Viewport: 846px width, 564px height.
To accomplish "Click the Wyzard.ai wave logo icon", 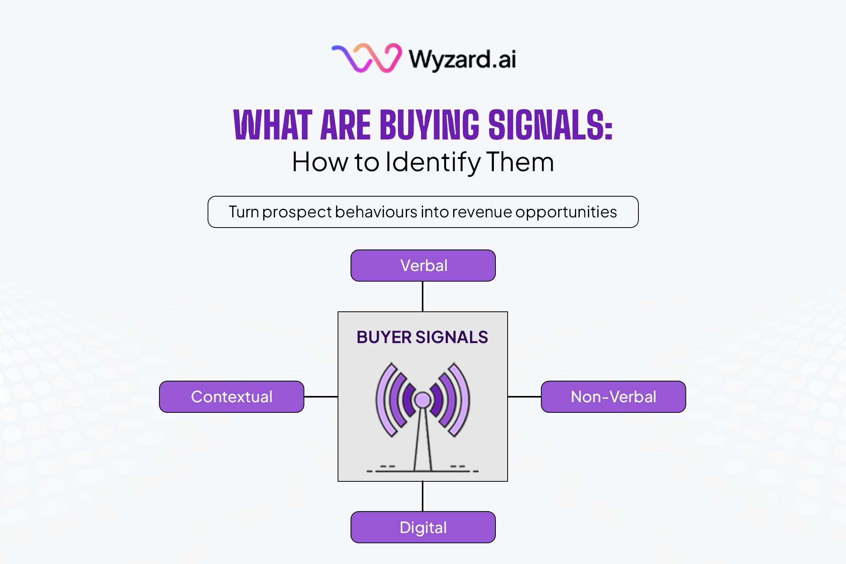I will (367, 58).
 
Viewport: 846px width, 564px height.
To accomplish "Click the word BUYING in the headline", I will (429, 125).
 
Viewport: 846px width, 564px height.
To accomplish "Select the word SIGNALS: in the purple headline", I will (550, 125).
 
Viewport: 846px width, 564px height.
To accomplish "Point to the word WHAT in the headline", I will (273, 125).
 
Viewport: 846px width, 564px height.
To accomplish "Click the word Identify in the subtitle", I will (433, 162).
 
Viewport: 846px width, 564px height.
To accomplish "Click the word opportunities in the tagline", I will (566, 212).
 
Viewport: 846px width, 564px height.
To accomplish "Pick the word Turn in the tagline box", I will (244, 212).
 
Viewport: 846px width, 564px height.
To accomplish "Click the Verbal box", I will (423, 266).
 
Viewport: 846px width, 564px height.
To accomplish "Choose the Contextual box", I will (231, 397).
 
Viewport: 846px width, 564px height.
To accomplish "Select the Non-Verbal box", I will (613, 397).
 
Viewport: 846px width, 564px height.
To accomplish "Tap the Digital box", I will (423, 527).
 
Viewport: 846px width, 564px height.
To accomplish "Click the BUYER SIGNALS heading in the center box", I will (422, 337).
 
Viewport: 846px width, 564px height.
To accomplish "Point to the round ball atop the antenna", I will (422, 400).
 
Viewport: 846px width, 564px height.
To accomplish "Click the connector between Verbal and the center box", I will (423, 296).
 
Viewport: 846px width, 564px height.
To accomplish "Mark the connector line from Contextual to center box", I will (321, 397).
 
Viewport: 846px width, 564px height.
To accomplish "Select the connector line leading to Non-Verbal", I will (524, 397).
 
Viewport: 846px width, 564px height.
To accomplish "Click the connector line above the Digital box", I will (423, 496).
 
